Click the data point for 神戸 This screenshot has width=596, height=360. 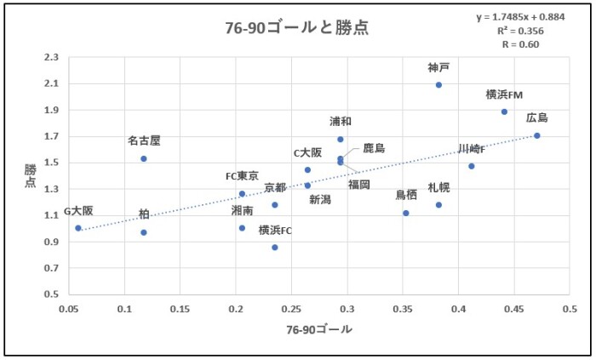point(438,85)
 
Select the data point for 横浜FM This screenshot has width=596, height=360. point(504,111)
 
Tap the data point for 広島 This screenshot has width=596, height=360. point(537,135)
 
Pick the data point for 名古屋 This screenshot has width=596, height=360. point(144,158)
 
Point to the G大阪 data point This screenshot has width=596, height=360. point(77,228)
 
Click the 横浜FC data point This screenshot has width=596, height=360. point(275,248)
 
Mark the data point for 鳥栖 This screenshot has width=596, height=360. point(406,213)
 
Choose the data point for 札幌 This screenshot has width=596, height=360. point(438,205)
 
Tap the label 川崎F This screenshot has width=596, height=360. point(471,149)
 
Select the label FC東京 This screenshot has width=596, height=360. point(242,176)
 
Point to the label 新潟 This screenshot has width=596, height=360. point(320,199)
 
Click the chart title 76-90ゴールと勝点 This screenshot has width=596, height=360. point(297,28)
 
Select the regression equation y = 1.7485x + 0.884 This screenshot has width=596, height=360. point(521,17)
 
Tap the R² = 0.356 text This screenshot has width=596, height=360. point(521,31)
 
